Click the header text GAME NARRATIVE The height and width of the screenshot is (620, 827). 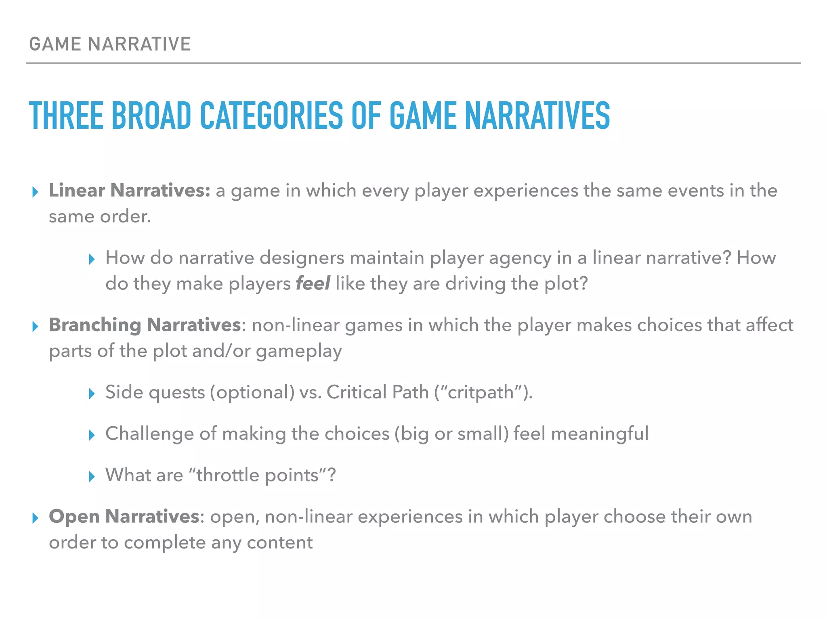point(110,44)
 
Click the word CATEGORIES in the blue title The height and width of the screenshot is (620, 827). point(271,116)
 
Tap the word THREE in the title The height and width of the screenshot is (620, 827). point(66,116)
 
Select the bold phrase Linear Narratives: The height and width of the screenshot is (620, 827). point(129,191)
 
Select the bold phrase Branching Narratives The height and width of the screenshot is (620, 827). point(145,325)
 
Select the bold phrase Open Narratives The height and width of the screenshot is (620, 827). point(124,517)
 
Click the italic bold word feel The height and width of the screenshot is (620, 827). point(313,283)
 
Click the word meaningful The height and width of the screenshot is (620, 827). point(600,434)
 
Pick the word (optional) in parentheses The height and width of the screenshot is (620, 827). point(252,392)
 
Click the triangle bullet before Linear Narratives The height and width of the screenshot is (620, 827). point(35,192)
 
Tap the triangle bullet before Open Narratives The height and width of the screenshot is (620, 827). point(35,518)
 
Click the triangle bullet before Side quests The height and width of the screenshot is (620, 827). point(92,394)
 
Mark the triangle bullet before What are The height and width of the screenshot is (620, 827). point(92,476)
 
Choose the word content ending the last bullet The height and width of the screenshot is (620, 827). point(279,542)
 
